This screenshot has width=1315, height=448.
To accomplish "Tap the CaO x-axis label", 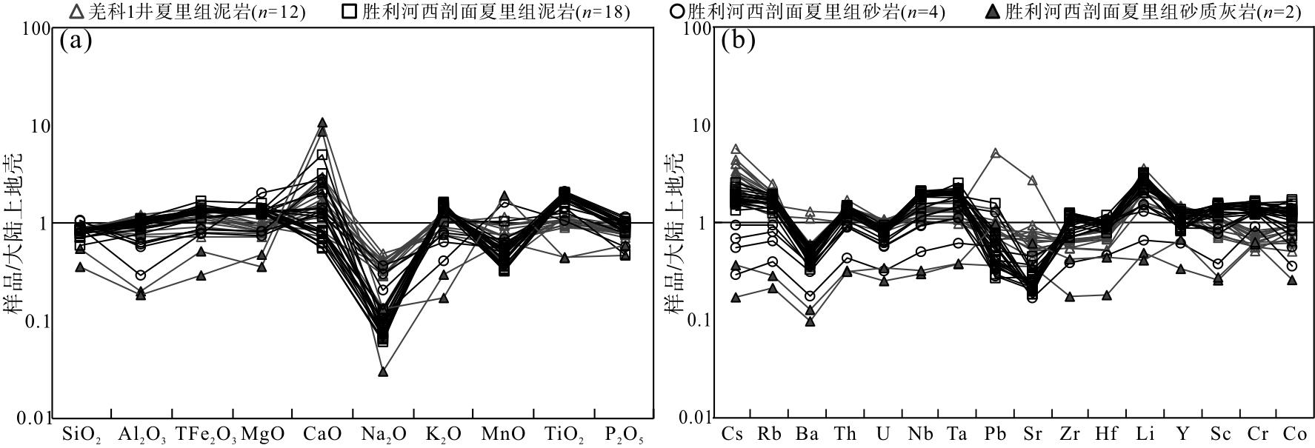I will tap(322, 434).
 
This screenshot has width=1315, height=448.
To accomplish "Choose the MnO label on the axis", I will tap(504, 434).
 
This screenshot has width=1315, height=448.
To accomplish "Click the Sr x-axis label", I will tap(1031, 434).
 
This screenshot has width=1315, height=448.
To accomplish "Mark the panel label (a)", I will tap(76, 41).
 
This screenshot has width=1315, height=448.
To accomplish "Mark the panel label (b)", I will tap(738, 41).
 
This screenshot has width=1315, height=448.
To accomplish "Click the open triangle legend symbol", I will tap(76, 11).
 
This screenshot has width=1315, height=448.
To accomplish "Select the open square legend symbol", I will tap(350, 11).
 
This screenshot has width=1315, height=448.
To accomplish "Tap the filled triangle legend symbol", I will tap(994, 11).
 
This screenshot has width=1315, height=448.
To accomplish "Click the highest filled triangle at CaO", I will tap(322, 123).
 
